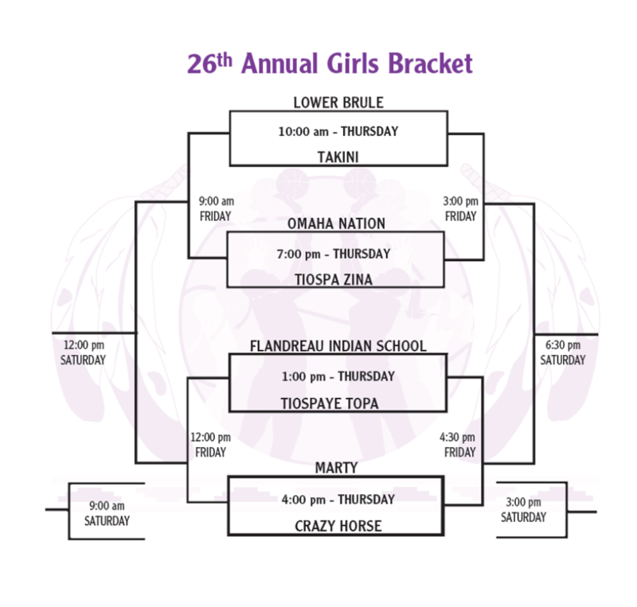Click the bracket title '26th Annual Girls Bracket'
[330, 63]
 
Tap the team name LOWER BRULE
[338, 103]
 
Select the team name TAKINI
[338, 157]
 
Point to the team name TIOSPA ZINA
[337, 279]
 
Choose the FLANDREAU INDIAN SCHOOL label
[338, 346]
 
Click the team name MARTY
[336, 468]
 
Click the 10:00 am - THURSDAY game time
[338, 131]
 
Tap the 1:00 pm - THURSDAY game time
[338, 376]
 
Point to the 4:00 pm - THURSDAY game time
[338, 500]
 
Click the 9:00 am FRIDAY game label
[215, 208]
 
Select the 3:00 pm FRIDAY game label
[461, 208]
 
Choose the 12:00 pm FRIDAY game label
[211, 445]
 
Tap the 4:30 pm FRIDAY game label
[458, 445]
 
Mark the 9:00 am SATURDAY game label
[107, 513]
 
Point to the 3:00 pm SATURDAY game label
[523, 510]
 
